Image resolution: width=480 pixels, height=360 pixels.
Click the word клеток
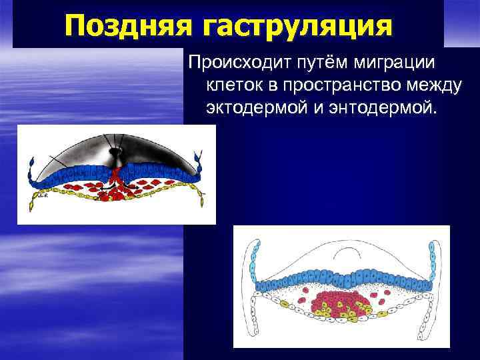[237, 85]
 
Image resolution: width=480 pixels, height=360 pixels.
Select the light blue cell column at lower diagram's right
[433, 263]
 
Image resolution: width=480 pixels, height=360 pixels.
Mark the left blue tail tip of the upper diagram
[31, 163]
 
